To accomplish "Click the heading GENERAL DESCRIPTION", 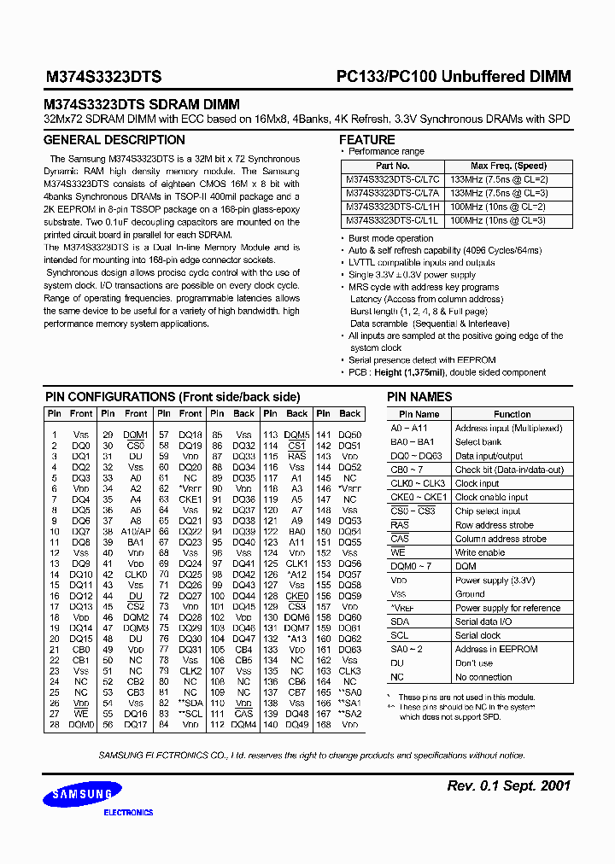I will [x=114, y=140].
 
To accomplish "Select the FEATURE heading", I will [x=367, y=140].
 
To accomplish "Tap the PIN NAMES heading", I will [x=419, y=397].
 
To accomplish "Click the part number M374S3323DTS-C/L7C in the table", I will [x=393, y=180].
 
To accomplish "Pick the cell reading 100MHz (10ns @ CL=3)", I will [x=498, y=220].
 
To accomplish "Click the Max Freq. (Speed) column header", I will [x=508, y=166].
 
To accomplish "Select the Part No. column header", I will [x=393, y=166].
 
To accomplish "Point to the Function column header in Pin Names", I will [x=512, y=414].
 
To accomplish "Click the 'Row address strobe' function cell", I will [x=495, y=525].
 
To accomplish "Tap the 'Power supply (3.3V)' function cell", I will [x=495, y=581].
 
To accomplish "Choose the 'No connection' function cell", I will [x=483, y=677].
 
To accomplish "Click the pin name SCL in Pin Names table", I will [x=400, y=635].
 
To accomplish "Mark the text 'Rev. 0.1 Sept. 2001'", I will [x=508, y=785].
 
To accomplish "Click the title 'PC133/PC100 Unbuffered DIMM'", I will [x=453, y=77].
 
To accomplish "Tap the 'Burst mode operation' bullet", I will [x=390, y=238].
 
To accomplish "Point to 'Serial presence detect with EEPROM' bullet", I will [x=422, y=361].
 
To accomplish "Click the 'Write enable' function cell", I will [x=480, y=552].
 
